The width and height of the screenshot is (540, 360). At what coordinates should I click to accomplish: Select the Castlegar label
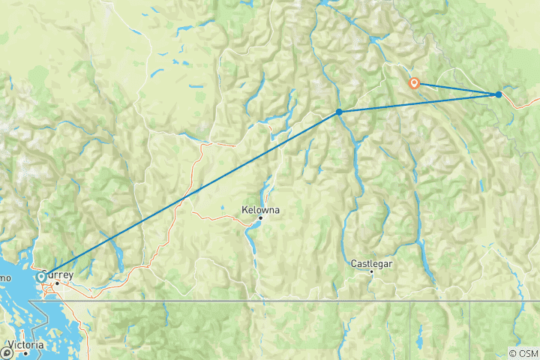coord(371,264)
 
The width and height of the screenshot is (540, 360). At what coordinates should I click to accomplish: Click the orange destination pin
coord(413,83)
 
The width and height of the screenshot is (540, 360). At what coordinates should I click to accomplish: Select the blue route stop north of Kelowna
coord(339,112)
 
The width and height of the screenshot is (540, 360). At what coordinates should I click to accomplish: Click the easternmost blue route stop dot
coord(499,94)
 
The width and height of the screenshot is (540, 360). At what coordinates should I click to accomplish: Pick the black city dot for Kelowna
coord(260,218)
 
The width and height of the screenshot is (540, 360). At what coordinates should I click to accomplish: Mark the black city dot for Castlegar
coord(371,271)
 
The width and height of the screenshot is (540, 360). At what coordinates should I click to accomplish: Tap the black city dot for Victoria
coord(26,353)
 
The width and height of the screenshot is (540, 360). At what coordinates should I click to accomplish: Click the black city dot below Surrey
coord(57,283)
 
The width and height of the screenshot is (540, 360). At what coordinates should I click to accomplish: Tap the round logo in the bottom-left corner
coord(7,352)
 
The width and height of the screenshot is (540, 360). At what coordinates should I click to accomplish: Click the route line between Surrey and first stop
coord(187,195)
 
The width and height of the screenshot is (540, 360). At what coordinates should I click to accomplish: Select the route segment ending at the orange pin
coord(456,88)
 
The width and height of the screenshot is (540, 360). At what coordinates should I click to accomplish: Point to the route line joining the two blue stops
coord(418,103)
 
